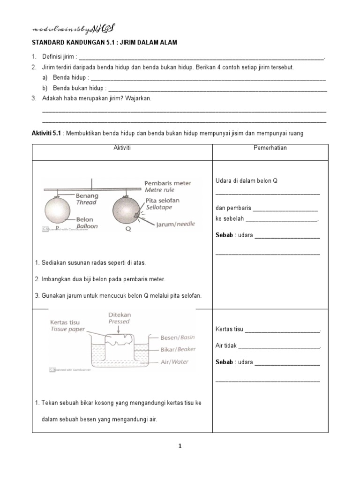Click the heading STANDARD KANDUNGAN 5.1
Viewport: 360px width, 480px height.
click(x=105, y=43)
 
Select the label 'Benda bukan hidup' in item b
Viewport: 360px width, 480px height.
click(x=78, y=88)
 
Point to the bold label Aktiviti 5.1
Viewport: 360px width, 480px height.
click(x=46, y=133)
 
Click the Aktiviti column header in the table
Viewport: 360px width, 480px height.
click(x=122, y=148)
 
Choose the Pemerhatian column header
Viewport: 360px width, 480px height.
click(x=270, y=148)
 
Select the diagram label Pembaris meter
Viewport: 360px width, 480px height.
click(x=168, y=183)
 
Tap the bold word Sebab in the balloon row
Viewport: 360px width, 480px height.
click(x=224, y=235)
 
